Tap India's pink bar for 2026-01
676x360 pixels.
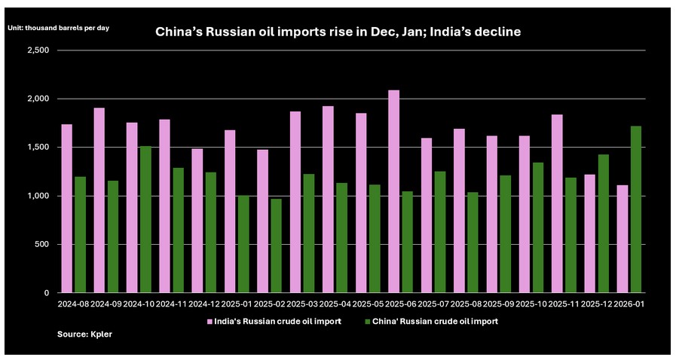tap(622, 239)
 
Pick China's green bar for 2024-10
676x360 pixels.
tap(145, 219)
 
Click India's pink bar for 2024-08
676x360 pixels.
tap(66, 208)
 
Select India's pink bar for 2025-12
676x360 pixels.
tap(589, 233)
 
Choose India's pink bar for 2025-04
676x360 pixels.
tap(328, 199)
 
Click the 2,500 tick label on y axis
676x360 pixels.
tap(38, 50)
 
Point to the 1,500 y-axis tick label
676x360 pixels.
tap(38, 148)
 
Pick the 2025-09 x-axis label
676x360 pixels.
tap(497, 304)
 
